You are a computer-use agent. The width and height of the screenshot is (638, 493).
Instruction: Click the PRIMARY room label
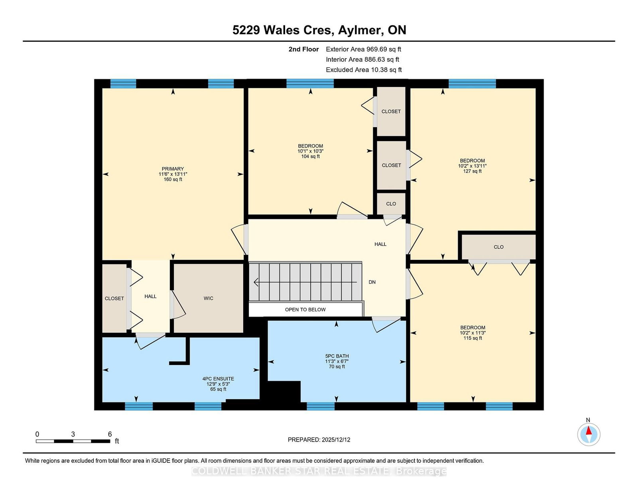tap(173, 169)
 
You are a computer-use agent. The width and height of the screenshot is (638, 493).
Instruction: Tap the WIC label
tap(209, 299)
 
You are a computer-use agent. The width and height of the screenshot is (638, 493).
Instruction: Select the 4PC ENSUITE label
tap(218, 379)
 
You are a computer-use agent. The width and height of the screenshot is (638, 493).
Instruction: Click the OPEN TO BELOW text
tap(305, 310)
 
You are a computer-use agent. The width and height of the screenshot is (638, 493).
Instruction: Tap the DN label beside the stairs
tap(372, 282)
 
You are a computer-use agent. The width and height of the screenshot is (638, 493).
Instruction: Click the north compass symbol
tap(589, 434)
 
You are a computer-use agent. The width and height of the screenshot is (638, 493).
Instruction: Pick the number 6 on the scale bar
tap(110, 434)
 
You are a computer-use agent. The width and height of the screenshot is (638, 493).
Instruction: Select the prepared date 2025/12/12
tap(336, 440)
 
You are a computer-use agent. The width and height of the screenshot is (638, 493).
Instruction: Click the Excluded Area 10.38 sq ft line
tap(364, 70)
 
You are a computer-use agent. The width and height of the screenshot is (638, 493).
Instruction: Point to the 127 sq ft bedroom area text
tap(473, 171)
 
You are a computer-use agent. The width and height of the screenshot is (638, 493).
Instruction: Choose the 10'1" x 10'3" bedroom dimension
tap(310, 151)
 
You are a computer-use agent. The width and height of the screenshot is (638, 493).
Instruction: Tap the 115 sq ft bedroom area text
tap(473, 338)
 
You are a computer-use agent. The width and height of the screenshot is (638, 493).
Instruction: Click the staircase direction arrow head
tap(256, 282)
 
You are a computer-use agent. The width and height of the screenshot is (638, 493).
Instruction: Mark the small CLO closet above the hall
tap(391, 204)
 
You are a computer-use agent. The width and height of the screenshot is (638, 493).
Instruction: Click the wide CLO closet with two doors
tap(498, 247)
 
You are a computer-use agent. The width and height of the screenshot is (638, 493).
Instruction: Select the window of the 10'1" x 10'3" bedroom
tap(310, 84)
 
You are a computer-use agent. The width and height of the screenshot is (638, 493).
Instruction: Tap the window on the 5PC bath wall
tap(321, 406)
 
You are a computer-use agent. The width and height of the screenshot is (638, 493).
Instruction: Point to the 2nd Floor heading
tap(303, 49)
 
